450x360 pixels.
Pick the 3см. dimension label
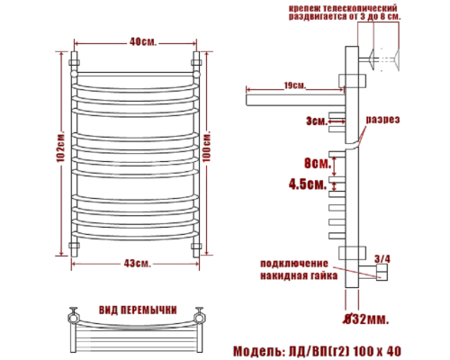pyautogui.click(x=313, y=119)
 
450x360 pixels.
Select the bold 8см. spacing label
pyautogui.click(x=316, y=164)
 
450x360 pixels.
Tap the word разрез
pyautogui.click(x=382, y=120)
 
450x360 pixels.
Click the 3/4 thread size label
pyautogui.click(x=382, y=259)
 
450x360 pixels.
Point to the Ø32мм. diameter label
pyautogui.click(x=367, y=318)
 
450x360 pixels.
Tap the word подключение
pyautogui.click(x=292, y=264)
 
